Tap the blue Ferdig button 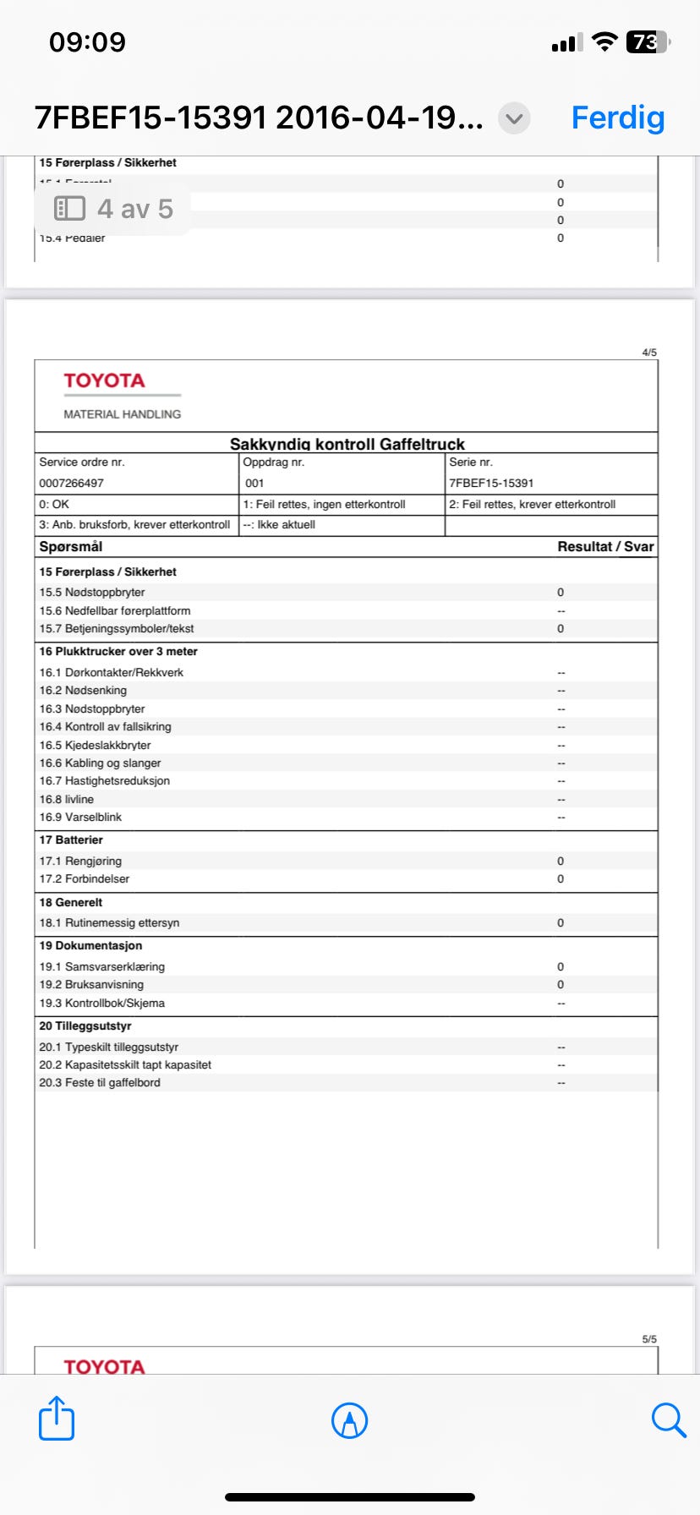click(618, 118)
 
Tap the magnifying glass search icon click(668, 1419)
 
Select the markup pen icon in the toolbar click(349, 1420)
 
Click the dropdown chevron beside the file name click(514, 118)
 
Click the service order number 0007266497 click(71, 484)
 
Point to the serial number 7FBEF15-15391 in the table click(491, 484)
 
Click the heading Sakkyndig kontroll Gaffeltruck click(347, 444)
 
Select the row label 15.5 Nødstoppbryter click(92, 593)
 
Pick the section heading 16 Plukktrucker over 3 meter click(118, 652)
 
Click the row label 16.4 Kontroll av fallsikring click(105, 727)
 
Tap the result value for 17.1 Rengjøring click(561, 861)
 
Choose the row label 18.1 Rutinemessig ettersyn click(109, 923)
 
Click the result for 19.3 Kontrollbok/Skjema click(561, 1004)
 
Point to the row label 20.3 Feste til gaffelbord click(100, 1083)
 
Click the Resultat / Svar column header click(605, 547)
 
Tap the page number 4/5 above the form click(649, 353)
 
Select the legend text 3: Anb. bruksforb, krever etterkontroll click(134, 525)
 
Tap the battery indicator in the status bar click(647, 41)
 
